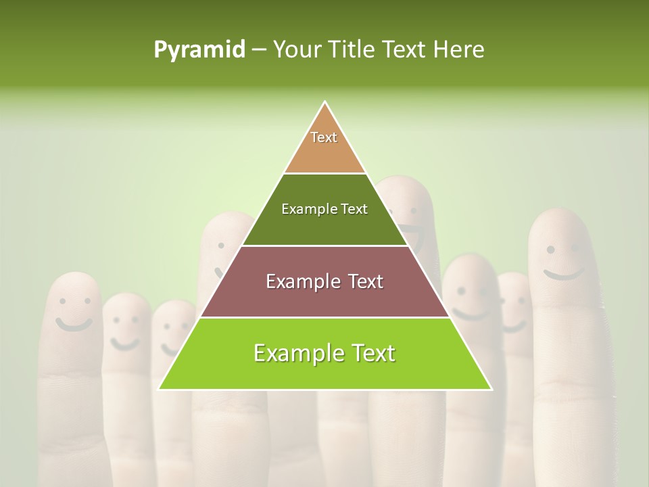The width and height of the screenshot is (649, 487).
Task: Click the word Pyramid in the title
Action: pos(199,50)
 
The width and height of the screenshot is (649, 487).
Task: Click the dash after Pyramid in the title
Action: pos(259,50)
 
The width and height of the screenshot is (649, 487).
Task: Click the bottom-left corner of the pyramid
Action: pos(159,389)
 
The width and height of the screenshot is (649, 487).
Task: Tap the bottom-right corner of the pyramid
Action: pos(491,389)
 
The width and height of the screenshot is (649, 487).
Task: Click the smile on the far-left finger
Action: pos(73,324)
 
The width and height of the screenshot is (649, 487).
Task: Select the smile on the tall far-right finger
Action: pos(563,274)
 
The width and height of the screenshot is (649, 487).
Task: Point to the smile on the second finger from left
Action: pos(124,344)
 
